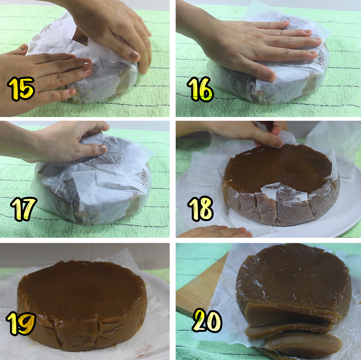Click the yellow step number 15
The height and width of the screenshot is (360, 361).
21,88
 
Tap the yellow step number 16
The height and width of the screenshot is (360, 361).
200,89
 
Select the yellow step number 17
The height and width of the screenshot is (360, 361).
23,209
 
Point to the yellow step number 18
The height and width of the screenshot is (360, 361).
200,209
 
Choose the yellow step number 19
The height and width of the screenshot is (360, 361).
21,323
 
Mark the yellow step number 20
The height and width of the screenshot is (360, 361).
207,320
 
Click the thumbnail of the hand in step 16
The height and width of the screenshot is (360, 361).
269,74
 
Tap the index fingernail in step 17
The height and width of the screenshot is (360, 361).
102,149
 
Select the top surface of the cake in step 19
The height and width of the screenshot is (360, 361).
82,290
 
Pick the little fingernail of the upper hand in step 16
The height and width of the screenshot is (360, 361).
312,53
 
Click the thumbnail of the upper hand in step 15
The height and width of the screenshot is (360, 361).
134,55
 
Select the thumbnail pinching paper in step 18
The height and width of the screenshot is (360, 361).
278,143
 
